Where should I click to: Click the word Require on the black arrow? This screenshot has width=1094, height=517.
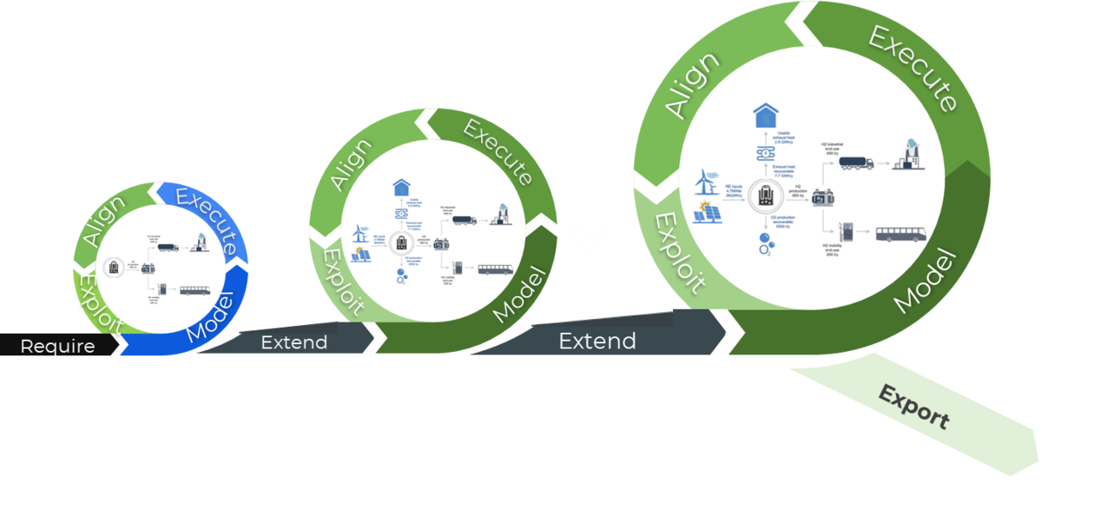(57, 346)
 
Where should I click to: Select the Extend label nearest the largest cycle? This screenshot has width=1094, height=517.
(596, 341)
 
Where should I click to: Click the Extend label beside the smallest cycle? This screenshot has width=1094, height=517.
(293, 342)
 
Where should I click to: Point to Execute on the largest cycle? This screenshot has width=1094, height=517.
(913, 67)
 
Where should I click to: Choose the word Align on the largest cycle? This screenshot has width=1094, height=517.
(692, 85)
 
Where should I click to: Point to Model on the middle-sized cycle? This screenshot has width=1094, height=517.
(520, 295)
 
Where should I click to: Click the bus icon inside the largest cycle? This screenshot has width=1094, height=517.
(900, 234)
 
